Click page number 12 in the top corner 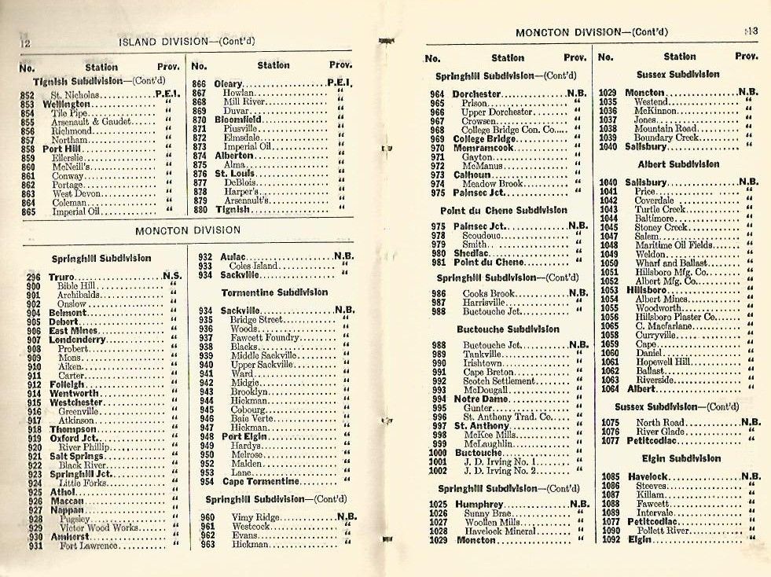25,43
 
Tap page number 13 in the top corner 751,31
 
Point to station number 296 33,277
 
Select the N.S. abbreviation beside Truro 172,277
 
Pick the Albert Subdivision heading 678,164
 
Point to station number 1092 610,539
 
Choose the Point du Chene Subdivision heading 503,211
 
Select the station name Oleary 229,83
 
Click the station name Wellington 66,104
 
